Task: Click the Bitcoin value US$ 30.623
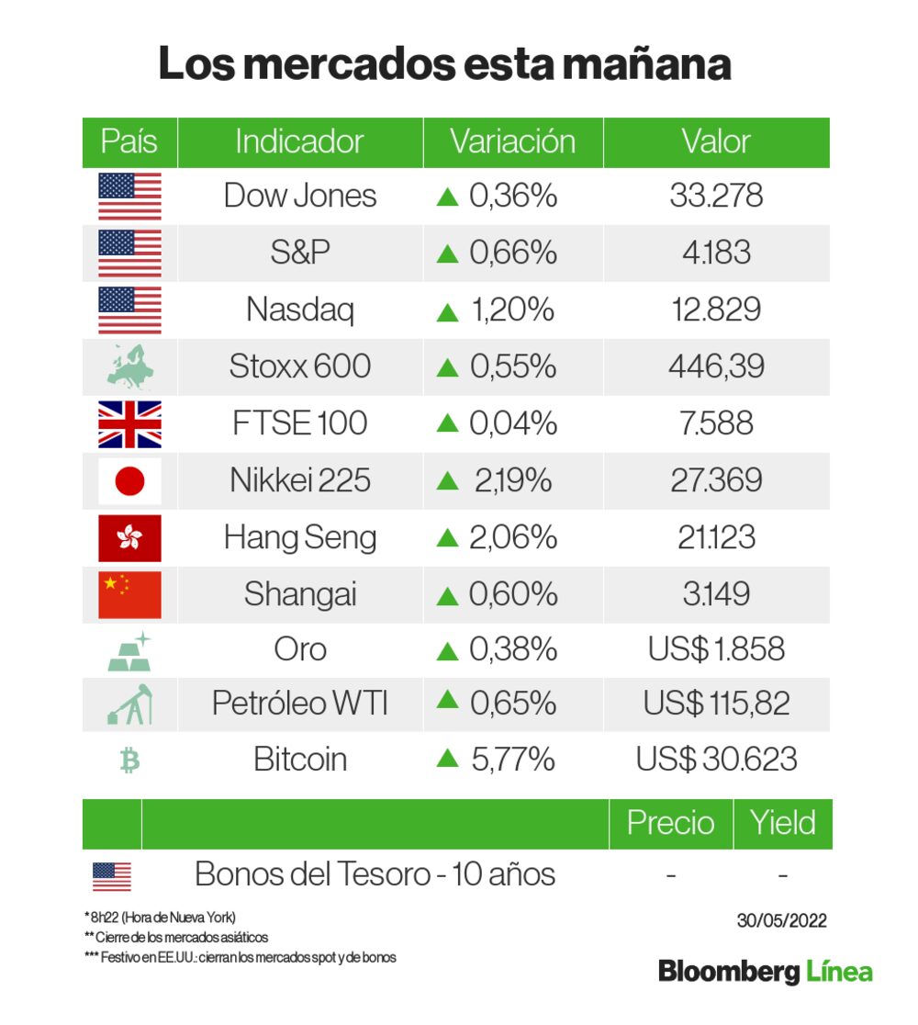pyautogui.click(x=716, y=760)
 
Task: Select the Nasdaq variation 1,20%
pyautogui.click(x=496, y=310)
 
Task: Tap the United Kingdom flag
pyautogui.click(x=129, y=423)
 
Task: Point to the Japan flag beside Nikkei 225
pyautogui.click(x=129, y=480)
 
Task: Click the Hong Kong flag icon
pyautogui.click(x=129, y=538)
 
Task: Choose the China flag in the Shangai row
pyautogui.click(x=129, y=594)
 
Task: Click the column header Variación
pyautogui.click(x=512, y=142)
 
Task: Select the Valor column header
pyautogui.click(x=716, y=142)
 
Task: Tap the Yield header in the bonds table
pyautogui.click(x=782, y=823)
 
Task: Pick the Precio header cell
pyautogui.click(x=670, y=823)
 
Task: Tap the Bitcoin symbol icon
pyautogui.click(x=129, y=760)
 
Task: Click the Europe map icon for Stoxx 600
pyautogui.click(x=129, y=366)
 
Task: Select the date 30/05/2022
pyautogui.click(x=782, y=920)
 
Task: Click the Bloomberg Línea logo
pyautogui.click(x=765, y=972)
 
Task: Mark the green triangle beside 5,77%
pyautogui.click(x=447, y=759)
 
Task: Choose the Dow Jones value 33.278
pyautogui.click(x=716, y=196)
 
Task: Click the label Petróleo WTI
pyautogui.click(x=300, y=704)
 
